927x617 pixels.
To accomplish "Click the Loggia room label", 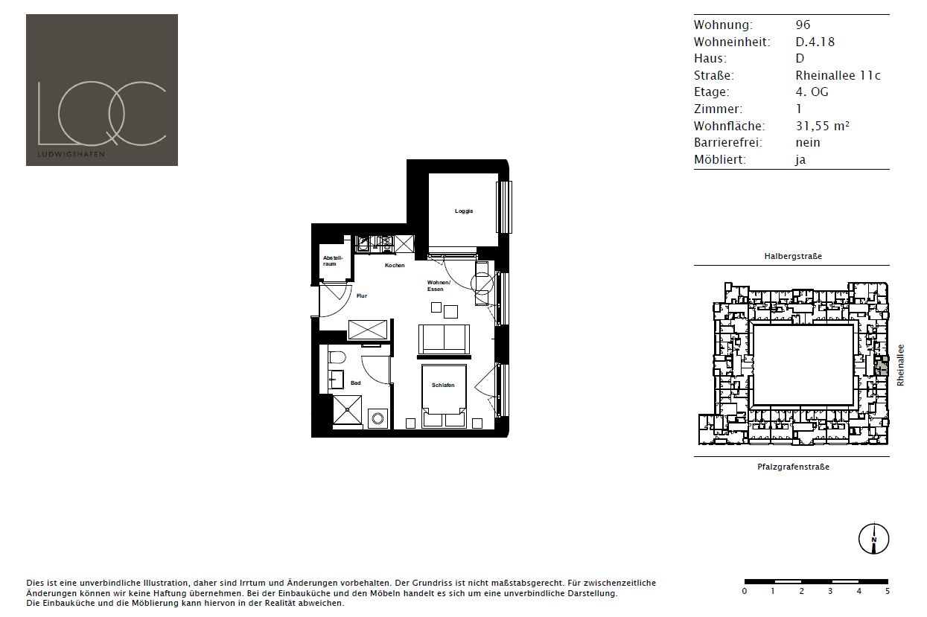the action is (463, 211).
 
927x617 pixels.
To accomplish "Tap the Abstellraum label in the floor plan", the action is (333, 260).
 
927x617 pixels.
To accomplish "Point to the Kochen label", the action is (395, 265).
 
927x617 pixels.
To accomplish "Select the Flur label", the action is (362, 295).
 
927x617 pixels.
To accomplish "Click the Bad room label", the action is (355, 383).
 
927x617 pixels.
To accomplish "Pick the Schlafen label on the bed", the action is (443, 385).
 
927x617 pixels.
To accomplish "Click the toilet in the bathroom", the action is (337, 358).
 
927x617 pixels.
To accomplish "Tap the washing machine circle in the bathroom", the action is (378, 418).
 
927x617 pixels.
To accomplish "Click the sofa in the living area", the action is (444, 339).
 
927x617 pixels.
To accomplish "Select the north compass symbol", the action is (873, 538).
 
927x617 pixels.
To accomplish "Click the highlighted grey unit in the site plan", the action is (881, 365).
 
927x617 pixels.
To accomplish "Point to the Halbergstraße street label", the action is (793, 256).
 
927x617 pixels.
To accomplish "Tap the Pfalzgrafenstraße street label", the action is (793, 467).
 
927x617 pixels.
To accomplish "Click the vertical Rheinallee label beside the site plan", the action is (900, 365).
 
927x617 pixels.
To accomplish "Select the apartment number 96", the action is (803, 25).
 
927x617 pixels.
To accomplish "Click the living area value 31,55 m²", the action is (822, 126).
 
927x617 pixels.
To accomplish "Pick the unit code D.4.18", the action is (815, 42).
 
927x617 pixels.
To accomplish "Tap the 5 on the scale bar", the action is (888, 592).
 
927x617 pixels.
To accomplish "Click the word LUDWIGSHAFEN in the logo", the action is (71, 154).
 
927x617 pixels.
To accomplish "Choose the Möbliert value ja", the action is (800, 159).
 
